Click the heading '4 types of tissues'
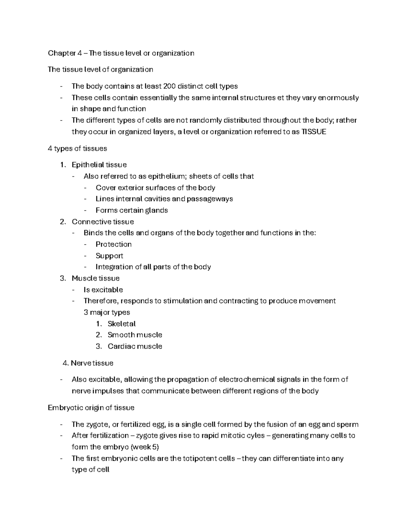coord(78,148)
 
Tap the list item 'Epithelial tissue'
coord(99,165)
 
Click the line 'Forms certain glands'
coord(132,210)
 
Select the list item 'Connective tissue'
coord(103,222)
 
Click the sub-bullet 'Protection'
coord(114,244)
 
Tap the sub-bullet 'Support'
coord(109,256)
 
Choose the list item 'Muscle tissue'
coord(96,278)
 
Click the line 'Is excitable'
coord(103,290)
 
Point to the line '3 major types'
coord(107,312)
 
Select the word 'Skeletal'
coord(121,324)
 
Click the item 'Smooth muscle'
coord(135,335)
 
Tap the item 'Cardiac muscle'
coord(135,346)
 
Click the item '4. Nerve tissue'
coord(88,363)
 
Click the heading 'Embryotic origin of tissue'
coord(91,408)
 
